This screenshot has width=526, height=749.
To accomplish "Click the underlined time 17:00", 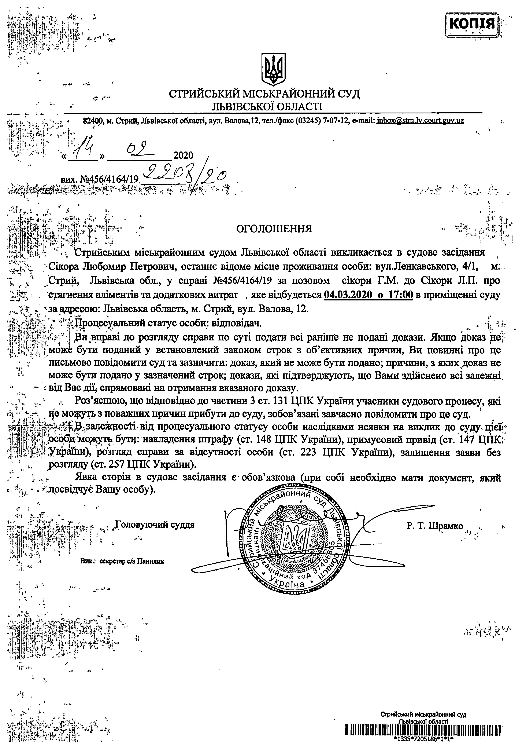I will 400,295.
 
